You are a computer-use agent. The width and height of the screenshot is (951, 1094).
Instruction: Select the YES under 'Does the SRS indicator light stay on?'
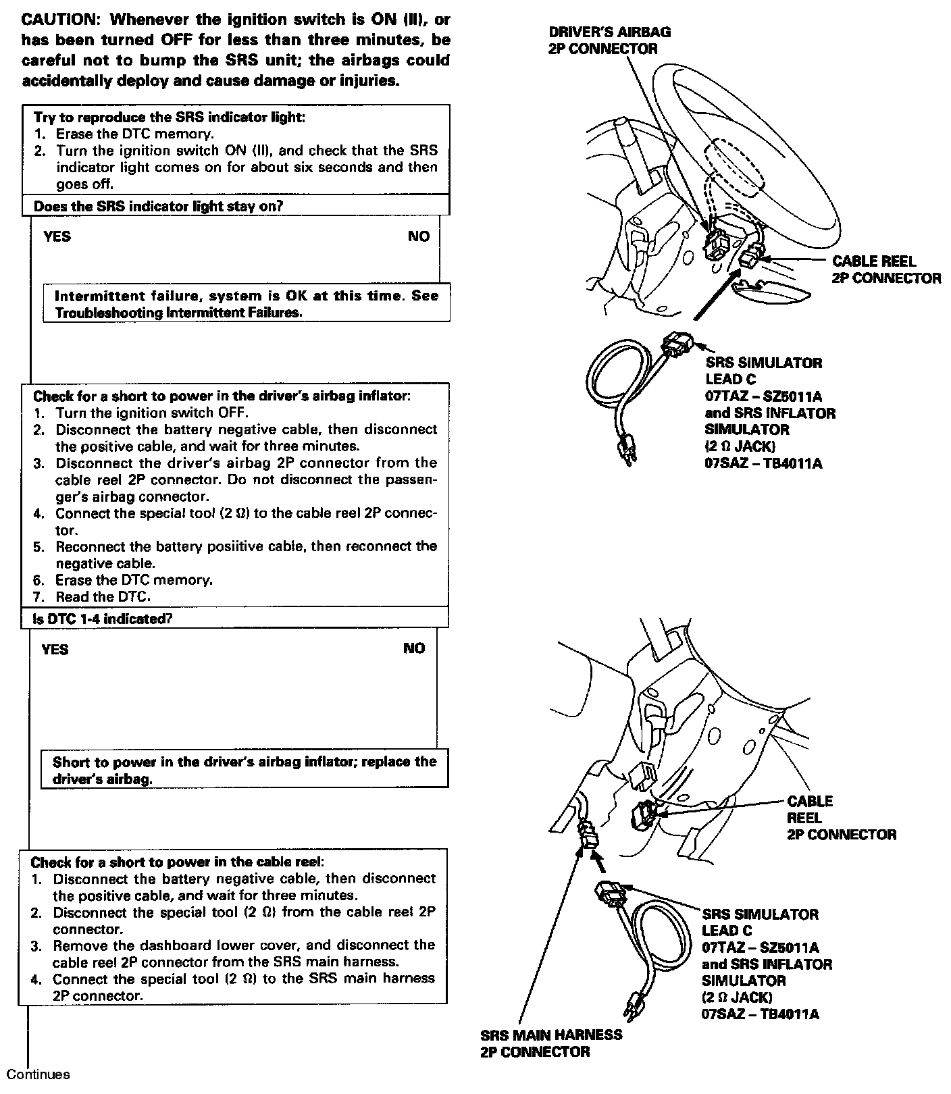coord(57,236)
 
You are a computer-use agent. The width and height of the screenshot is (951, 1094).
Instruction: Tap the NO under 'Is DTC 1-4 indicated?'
coord(414,648)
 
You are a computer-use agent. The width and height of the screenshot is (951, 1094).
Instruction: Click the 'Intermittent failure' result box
coord(246,304)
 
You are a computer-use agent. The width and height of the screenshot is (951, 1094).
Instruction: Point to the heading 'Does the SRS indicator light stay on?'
coord(158,207)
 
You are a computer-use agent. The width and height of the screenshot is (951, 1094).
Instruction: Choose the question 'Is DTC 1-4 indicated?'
coord(102,619)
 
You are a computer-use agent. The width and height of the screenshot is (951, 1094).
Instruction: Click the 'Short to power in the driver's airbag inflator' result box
coord(245,769)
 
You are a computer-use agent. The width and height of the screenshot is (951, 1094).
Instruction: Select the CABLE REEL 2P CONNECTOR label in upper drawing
coord(885,269)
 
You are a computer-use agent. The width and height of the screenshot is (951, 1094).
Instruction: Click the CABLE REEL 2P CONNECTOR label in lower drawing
coord(841,818)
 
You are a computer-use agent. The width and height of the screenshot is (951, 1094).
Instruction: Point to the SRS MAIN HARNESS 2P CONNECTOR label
coord(550,1043)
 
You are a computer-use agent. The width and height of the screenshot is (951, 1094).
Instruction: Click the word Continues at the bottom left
coord(38,1074)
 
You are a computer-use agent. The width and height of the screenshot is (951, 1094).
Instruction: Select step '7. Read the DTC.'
coord(103,596)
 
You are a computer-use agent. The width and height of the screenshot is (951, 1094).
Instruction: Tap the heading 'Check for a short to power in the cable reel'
coord(177,862)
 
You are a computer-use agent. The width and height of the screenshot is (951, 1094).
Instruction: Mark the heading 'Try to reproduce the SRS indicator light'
coord(169,117)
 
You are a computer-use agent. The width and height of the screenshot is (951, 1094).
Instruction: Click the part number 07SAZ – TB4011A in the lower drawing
coord(760,1014)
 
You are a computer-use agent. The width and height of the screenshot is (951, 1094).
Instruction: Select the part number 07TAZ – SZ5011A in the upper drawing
coord(763,396)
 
